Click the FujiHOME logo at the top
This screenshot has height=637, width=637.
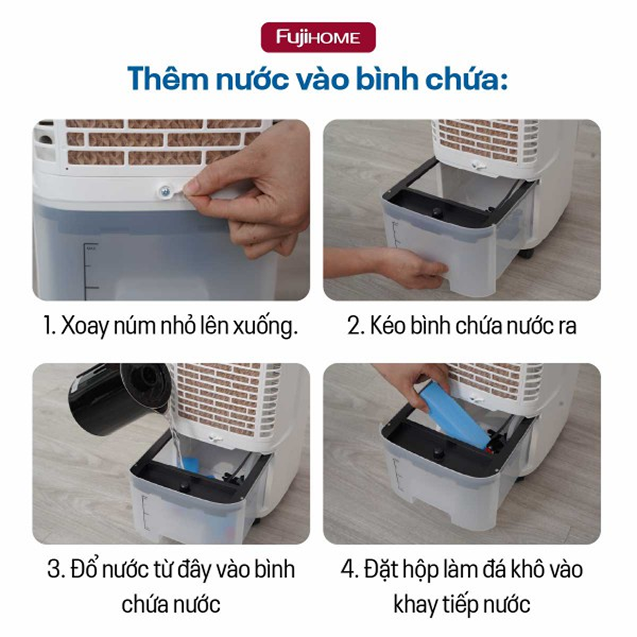tap(318, 37)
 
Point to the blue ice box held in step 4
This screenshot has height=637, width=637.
tap(455, 418)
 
